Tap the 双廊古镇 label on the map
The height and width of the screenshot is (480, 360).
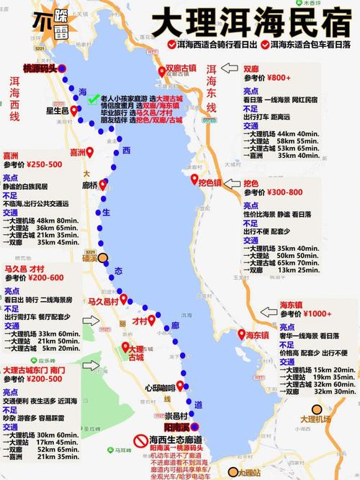click(x=181, y=68)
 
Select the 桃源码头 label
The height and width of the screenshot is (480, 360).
click(x=39, y=68)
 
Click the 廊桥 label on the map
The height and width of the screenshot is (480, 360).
click(x=90, y=185)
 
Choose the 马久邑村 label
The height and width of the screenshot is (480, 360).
click(x=100, y=300)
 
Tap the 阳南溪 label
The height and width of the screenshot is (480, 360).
click(x=176, y=427)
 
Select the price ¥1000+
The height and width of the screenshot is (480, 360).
click(x=319, y=314)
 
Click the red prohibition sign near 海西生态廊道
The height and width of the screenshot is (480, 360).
click(x=138, y=440)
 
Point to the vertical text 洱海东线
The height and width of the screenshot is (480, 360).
click(x=212, y=88)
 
